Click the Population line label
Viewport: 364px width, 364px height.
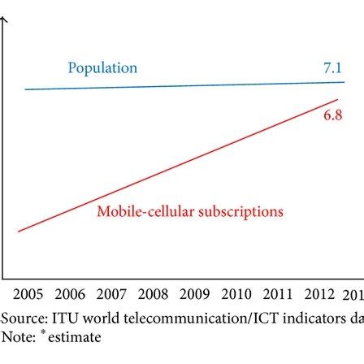(102, 68)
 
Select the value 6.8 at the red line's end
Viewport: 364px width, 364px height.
(331, 117)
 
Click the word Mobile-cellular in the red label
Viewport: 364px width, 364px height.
(143, 213)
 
